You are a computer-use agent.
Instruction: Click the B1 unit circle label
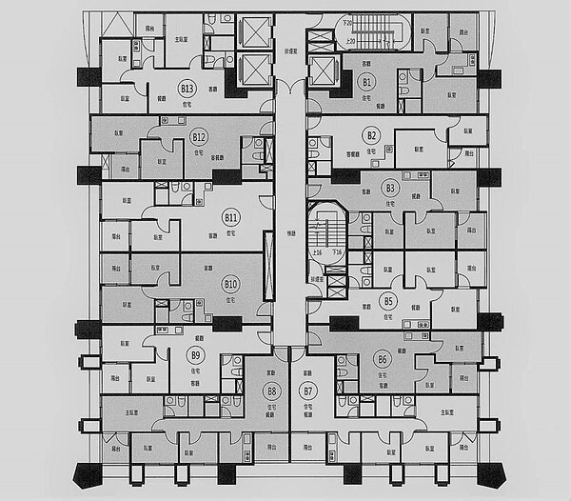(x=366, y=83)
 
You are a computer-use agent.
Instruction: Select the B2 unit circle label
(x=372, y=135)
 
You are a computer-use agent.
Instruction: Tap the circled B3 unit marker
(x=389, y=188)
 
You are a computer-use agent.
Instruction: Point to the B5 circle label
(x=387, y=301)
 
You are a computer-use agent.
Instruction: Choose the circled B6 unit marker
(x=383, y=360)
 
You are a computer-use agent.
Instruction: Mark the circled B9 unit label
(x=195, y=355)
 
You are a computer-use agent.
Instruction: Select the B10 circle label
(x=229, y=284)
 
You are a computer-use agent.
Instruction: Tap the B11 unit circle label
(x=230, y=218)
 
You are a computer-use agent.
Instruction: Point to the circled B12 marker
(x=199, y=136)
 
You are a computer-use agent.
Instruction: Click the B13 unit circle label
(x=187, y=89)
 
